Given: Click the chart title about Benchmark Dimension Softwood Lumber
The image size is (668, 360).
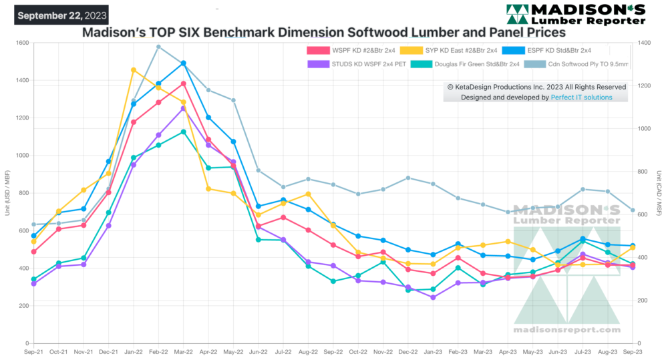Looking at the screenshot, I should pos(323,32).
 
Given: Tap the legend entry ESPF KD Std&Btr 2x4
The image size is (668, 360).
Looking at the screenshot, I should pos(558,50).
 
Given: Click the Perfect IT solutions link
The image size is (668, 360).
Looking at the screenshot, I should pos(581,98).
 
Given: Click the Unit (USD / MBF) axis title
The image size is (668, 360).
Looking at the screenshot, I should pos(7,194).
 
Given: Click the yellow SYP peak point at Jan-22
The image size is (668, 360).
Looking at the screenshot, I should pos(134,70).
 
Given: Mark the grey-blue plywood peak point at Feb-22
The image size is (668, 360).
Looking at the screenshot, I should pos(158,47).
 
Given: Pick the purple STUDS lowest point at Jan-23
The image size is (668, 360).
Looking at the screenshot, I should pos(433,297).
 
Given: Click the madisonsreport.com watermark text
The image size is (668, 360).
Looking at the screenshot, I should pos(566,330).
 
